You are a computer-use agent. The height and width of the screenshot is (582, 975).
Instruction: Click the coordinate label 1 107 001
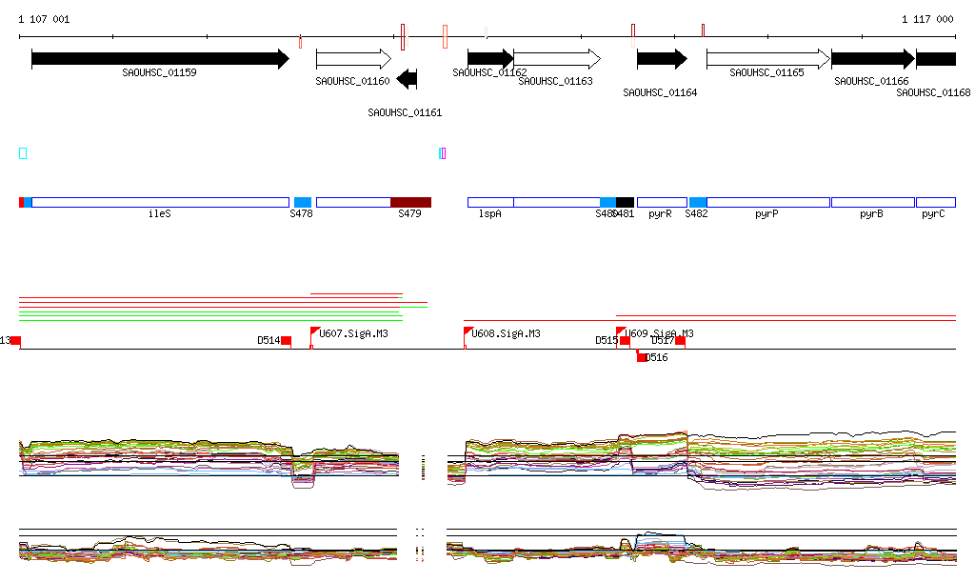tap(44, 19)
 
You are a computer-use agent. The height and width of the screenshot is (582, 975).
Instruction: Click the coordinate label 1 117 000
tap(927, 19)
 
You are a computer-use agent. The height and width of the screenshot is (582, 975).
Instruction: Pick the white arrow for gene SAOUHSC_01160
tap(353, 59)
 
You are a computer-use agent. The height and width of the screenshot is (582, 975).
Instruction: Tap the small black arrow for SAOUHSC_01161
tap(408, 79)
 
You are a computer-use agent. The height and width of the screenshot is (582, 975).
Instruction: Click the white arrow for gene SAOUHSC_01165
tap(767, 59)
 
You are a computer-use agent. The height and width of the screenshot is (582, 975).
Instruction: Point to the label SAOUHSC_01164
tap(660, 93)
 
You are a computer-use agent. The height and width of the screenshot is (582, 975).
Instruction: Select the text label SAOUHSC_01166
tap(871, 82)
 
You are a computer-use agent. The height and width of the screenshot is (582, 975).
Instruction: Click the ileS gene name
tap(160, 214)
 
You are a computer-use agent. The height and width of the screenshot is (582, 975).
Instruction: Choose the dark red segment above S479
tap(410, 202)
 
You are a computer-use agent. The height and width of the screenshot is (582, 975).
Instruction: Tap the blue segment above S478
tap(303, 202)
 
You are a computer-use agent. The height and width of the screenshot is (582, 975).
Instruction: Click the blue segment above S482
tap(698, 202)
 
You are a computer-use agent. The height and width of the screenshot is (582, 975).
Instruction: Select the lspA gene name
tap(489, 214)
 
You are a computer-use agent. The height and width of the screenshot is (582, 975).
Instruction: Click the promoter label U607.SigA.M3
tap(353, 334)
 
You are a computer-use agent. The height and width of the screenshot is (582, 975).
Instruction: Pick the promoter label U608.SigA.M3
tap(507, 334)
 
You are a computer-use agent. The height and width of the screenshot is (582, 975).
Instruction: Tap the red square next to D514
tap(286, 341)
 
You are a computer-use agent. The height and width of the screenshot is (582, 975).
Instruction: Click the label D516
tap(657, 358)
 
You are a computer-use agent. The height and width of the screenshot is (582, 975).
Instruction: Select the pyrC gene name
tap(933, 214)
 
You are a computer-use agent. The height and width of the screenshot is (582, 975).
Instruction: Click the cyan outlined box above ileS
tap(23, 153)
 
